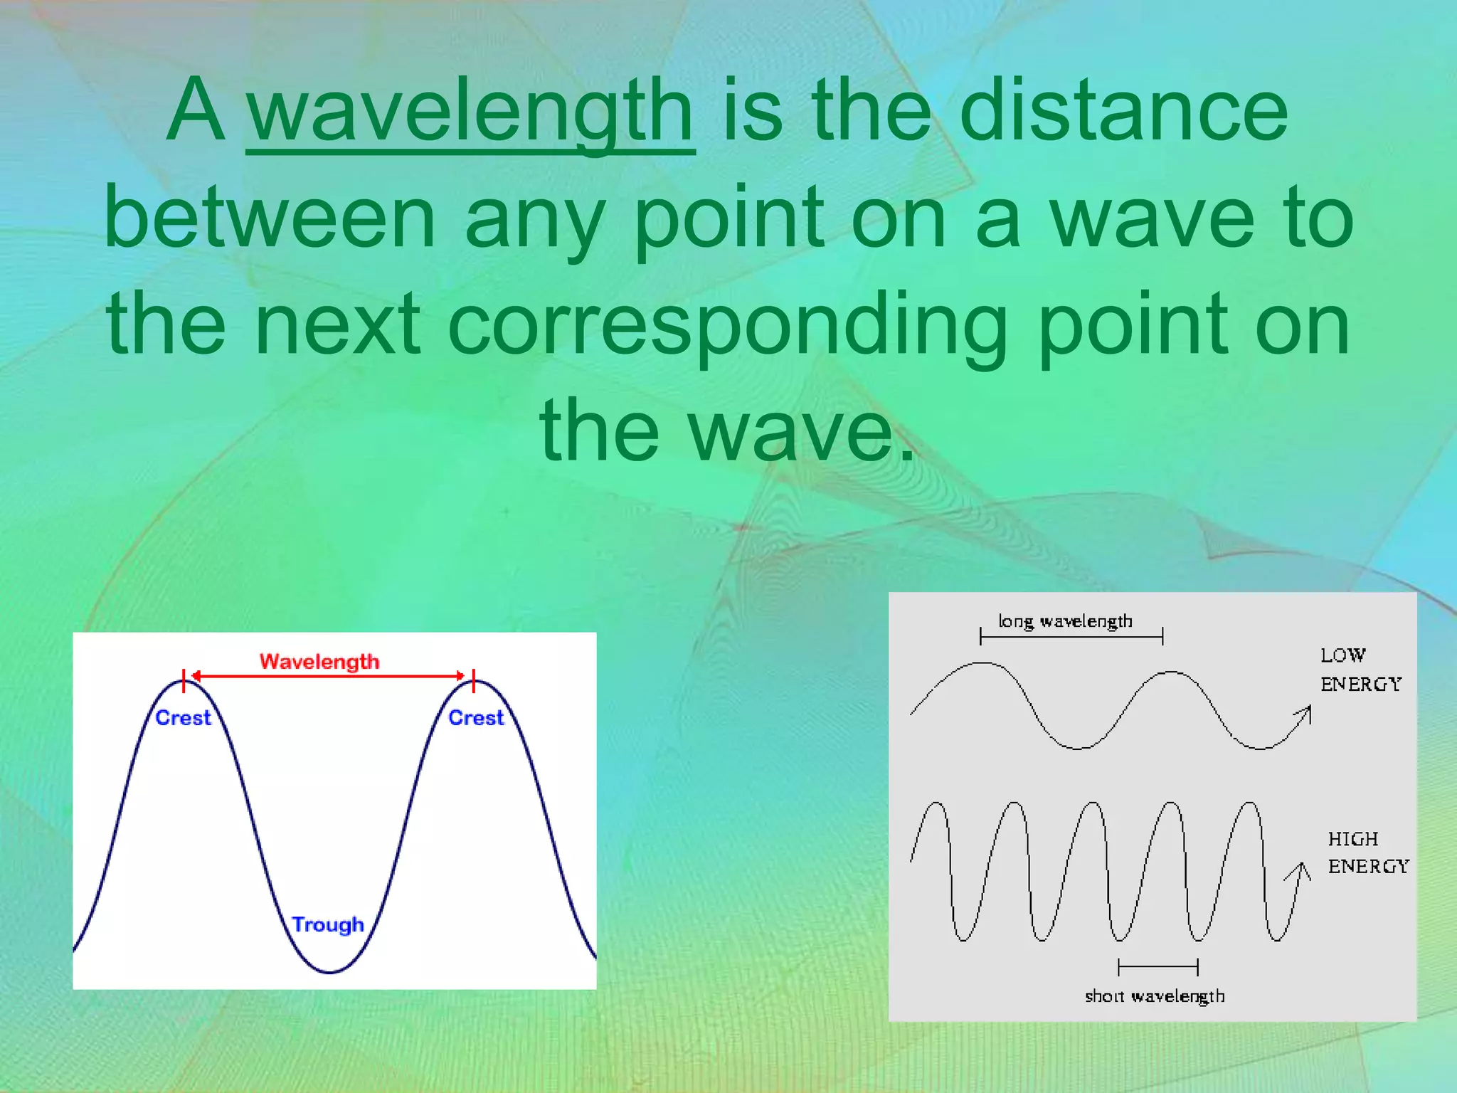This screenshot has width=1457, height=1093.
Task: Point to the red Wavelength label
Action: point(319,662)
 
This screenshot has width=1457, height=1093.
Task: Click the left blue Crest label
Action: point(183,718)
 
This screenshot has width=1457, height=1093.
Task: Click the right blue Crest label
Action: point(476,718)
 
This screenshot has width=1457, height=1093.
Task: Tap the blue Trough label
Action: point(328,924)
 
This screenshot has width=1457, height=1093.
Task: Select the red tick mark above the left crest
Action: point(184,680)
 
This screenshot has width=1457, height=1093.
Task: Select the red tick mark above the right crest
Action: point(474,680)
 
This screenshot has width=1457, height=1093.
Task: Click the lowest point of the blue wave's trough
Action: point(330,971)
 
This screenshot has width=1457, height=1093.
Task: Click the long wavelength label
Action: point(1065,621)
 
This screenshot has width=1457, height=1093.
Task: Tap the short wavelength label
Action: point(1155,996)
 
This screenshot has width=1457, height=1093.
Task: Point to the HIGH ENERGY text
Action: point(1367,852)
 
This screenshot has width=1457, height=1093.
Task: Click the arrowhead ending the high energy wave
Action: point(1301,870)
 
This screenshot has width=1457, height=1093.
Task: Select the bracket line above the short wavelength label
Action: point(1158,967)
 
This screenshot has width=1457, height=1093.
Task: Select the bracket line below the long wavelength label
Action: point(1071,637)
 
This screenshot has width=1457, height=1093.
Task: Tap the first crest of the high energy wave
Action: point(936,804)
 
